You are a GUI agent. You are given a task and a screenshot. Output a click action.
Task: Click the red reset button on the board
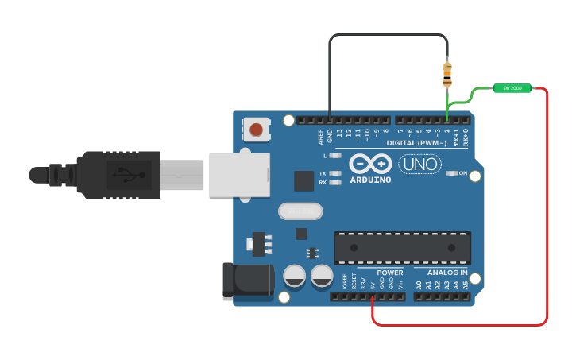click(256, 129)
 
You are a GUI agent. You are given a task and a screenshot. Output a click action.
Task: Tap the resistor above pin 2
click(447, 73)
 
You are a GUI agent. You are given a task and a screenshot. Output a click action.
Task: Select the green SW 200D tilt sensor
click(512, 88)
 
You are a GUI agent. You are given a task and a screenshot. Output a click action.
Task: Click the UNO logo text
click(419, 164)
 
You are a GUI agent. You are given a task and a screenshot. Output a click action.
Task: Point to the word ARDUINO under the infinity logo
click(370, 180)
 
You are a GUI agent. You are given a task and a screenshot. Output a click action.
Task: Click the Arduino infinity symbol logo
click(370, 164)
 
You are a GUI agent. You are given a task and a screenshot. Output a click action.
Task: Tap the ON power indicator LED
click(452, 173)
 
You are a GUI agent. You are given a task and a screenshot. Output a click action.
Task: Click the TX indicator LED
click(334, 173)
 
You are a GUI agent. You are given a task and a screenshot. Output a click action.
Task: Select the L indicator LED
click(334, 156)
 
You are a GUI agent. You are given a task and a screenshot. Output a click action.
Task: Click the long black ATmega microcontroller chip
click(402, 247)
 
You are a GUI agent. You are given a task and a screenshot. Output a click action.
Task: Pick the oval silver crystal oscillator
click(300, 211)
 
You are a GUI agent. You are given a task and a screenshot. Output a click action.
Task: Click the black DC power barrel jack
click(248, 281)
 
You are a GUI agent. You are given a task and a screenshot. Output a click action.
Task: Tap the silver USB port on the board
click(238, 175)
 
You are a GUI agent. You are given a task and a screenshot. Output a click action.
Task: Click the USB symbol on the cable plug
click(128, 174)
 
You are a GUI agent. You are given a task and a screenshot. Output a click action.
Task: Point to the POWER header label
click(390, 273)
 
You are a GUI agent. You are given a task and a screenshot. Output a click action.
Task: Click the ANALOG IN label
click(441, 273)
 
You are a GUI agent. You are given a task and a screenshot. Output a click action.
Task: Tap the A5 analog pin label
click(466, 285)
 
